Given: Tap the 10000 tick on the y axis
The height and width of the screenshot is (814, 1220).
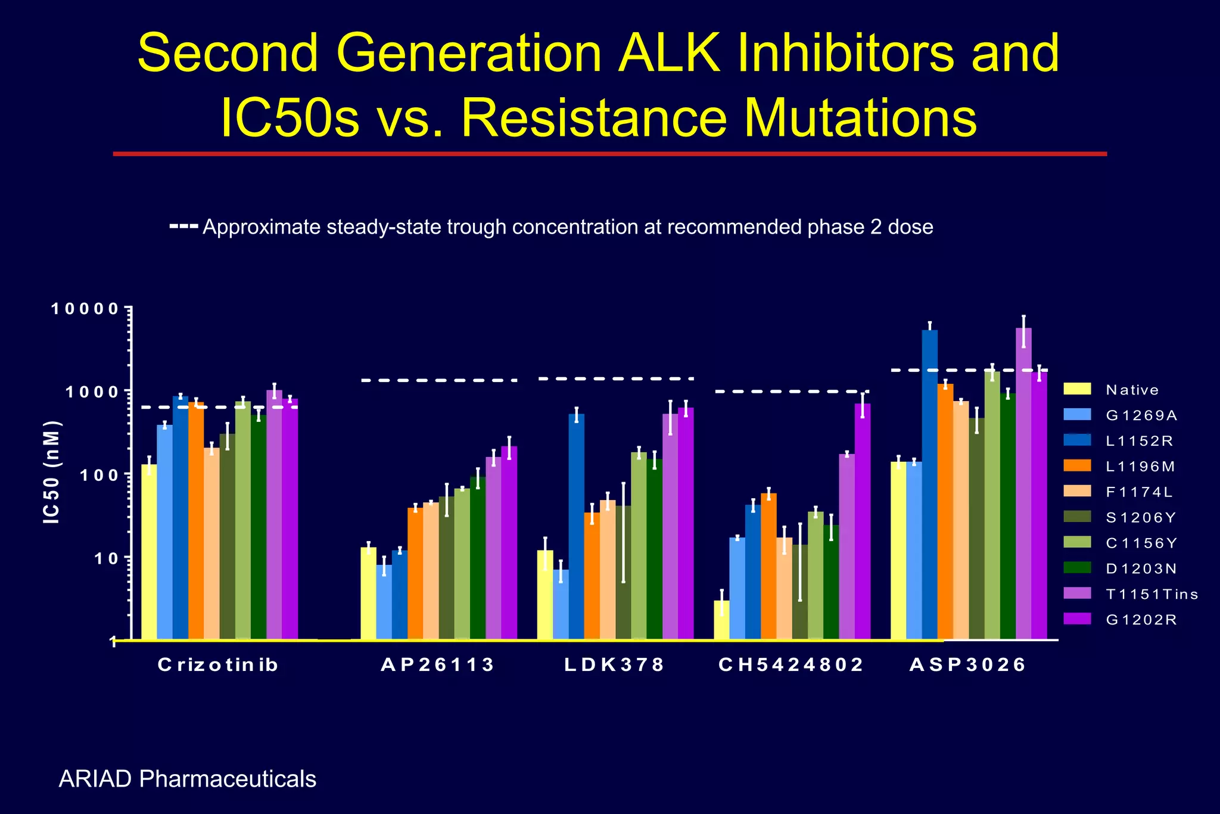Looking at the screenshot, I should click(x=85, y=309).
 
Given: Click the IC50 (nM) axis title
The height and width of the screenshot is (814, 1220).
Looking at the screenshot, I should click(x=52, y=472).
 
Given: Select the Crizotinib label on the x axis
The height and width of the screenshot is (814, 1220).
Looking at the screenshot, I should click(x=218, y=664).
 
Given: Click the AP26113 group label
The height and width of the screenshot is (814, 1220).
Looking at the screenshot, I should click(x=437, y=664).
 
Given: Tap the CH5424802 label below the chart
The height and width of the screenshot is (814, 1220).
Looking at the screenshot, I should click(x=791, y=664).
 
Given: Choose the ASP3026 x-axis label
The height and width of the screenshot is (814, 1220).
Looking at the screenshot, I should click(x=967, y=664).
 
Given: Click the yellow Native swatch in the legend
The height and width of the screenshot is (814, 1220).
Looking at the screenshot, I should click(x=1077, y=389).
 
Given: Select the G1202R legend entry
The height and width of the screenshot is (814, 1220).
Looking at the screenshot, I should click(x=1141, y=620).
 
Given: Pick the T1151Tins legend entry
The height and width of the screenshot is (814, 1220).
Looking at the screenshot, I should click(x=1151, y=594).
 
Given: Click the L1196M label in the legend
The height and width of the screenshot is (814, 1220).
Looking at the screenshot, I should click(x=1140, y=467).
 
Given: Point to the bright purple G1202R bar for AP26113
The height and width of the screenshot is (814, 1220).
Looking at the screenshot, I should click(x=509, y=542).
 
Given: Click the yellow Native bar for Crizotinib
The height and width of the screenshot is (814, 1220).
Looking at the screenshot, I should click(x=149, y=551).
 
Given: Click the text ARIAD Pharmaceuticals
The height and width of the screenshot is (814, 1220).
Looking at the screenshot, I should click(x=187, y=779).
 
